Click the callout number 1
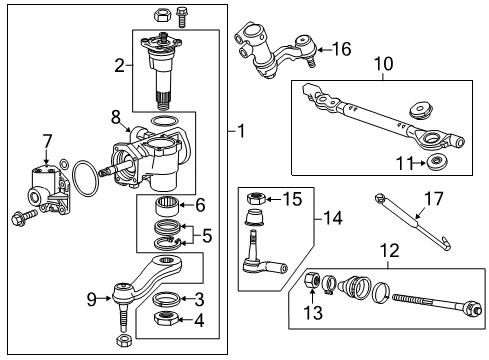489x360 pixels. point(242,131)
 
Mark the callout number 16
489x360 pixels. point(341,48)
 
